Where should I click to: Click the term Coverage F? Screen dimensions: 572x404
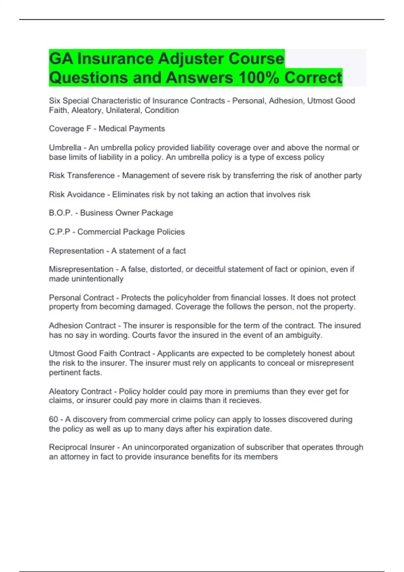pos(70,129)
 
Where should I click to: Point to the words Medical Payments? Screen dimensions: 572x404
pos(132,129)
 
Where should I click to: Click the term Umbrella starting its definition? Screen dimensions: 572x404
pos(65,148)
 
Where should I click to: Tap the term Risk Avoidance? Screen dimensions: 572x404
pos(77,194)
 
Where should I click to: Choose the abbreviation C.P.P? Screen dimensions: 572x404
pos(59,232)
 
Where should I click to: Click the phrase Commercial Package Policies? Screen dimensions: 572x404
pos(131,232)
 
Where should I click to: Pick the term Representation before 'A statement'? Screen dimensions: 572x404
pos(76,251)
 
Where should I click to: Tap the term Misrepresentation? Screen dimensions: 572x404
pos(81,269)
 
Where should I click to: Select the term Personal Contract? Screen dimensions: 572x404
pos(81,298)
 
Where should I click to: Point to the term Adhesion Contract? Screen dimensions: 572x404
pos(82,326)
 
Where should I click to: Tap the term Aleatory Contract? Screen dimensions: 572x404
pos(80,392)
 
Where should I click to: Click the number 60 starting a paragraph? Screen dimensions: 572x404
pos(54,420)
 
